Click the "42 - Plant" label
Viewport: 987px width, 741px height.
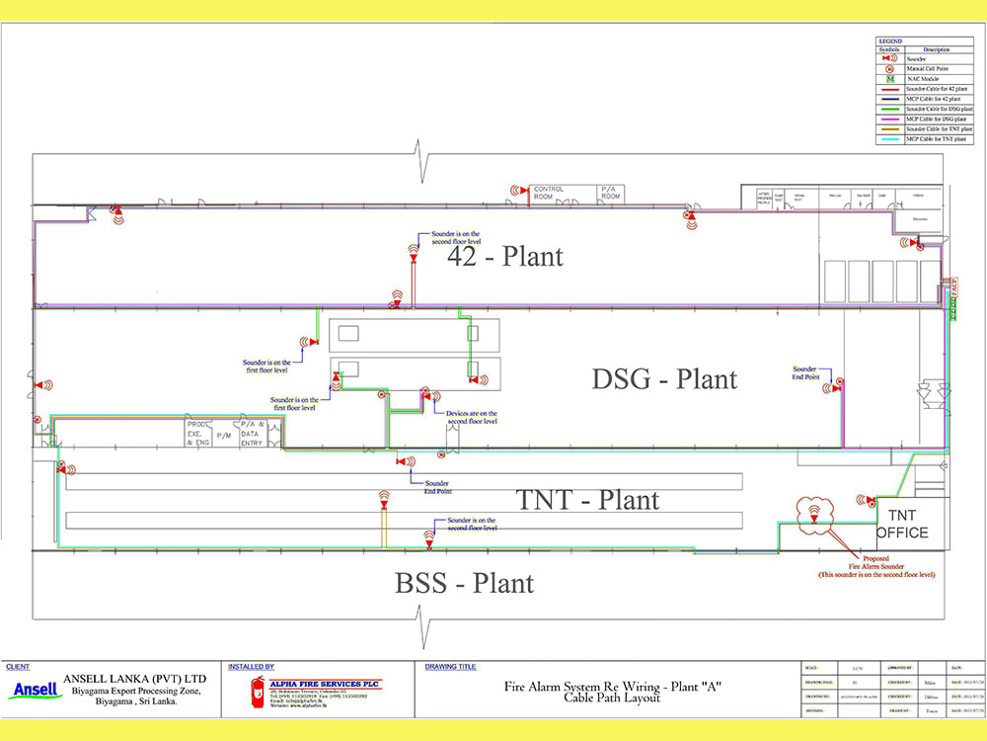(505, 257)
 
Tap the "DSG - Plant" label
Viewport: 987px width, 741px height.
(664, 378)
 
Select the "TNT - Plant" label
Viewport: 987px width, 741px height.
(587, 500)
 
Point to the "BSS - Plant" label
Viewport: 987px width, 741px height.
(464, 583)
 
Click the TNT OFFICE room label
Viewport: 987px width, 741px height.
(902, 525)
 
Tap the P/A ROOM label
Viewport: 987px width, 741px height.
(611, 193)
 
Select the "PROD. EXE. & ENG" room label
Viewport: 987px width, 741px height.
(198, 433)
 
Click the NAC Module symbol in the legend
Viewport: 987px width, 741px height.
(888, 78)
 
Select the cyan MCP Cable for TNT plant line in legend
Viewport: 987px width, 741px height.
(888, 139)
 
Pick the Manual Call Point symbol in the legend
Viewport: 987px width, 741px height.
(888, 68)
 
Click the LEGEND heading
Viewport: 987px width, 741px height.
(889, 41)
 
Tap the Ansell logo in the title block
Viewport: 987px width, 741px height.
(36, 690)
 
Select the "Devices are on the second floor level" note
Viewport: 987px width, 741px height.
(472, 417)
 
